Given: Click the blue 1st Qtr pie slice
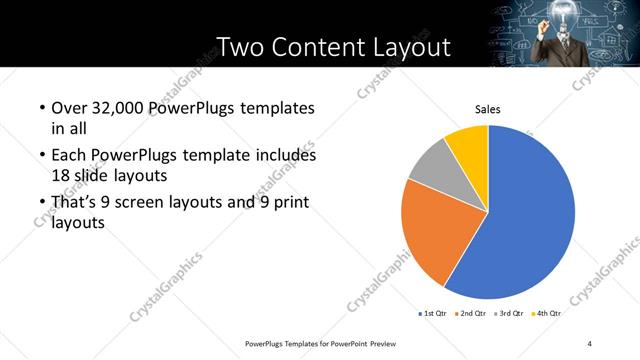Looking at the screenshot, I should (530, 220).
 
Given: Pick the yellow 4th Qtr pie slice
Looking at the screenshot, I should (468, 143).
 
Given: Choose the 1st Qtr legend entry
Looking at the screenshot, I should (433, 313).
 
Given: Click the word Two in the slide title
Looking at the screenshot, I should (239, 47).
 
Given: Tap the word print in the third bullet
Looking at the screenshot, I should (290, 204).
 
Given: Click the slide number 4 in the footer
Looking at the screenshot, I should (590, 344).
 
